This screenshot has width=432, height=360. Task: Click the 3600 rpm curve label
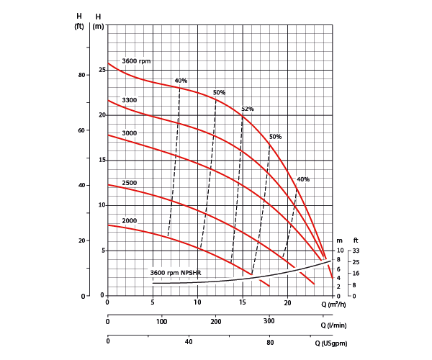click(x=136, y=61)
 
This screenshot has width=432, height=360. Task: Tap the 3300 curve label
click(x=130, y=100)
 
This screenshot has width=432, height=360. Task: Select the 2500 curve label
click(x=130, y=183)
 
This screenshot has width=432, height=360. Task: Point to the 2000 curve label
click(x=130, y=220)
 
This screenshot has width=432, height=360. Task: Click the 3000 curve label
click(x=130, y=133)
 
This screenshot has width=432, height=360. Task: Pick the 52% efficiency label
click(x=248, y=109)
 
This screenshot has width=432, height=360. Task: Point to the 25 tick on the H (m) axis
click(x=102, y=70)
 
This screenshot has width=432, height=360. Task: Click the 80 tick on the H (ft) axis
click(x=81, y=75)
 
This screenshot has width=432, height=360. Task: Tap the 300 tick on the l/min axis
click(x=270, y=321)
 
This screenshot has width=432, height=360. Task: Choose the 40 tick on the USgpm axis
click(x=189, y=342)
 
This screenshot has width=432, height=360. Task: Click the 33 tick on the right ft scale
click(x=356, y=251)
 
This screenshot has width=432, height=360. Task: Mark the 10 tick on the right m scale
click(x=341, y=251)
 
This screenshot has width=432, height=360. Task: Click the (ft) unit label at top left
click(x=80, y=27)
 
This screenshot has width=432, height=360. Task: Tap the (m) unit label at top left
click(x=99, y=27)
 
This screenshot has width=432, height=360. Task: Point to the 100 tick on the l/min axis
click(x=162, y=321)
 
